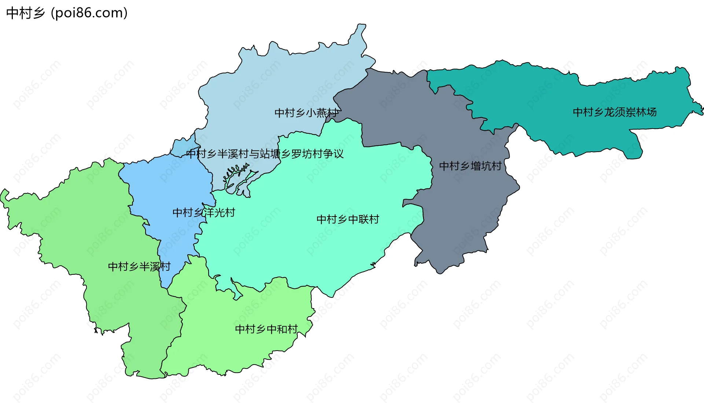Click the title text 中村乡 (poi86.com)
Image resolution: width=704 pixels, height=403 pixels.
[67, 13]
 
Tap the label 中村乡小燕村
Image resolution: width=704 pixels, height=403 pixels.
[306, 113]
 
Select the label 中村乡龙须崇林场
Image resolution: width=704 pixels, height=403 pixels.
[615, 112]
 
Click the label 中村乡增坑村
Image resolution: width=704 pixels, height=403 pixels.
[470, 166]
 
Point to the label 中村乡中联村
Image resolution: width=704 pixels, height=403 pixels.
[348, 219]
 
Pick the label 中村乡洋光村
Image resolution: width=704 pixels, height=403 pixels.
[203, 212]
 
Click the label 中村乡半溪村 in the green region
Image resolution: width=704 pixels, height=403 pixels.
[139, 266]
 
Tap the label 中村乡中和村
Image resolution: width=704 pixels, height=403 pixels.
[266, 329]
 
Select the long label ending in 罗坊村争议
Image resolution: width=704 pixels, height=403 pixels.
[265, 154]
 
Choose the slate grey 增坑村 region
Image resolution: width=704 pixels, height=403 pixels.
[466, 205]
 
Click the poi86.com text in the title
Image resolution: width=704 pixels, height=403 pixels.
[90, 13]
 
